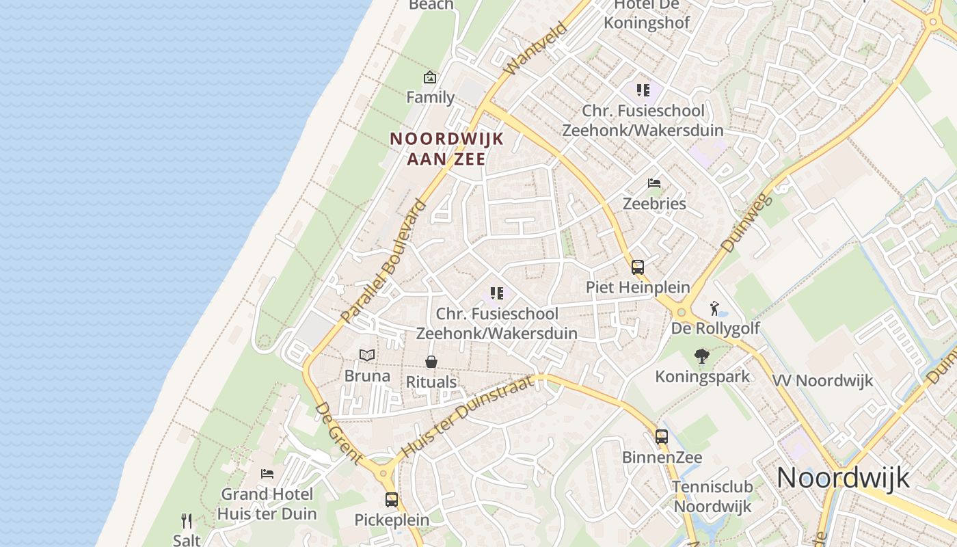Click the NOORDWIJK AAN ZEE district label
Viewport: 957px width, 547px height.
447,148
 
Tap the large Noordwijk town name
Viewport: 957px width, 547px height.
843,477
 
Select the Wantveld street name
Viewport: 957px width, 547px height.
536,49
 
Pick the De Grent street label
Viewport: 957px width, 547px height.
338,433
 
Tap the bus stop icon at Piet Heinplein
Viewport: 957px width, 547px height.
638,267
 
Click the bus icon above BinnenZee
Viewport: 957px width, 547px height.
662,436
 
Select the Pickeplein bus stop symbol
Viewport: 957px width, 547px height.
392,500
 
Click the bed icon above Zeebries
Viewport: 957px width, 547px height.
654,183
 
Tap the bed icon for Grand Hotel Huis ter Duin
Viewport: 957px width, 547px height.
267,473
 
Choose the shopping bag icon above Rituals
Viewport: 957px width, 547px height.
431,361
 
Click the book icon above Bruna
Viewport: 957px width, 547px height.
367,355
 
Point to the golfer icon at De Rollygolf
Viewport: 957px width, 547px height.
714,308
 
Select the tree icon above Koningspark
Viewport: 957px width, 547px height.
701,356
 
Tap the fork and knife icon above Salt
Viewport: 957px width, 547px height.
187,521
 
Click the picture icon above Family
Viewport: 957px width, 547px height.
430,77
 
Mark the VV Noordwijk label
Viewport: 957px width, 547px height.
822,381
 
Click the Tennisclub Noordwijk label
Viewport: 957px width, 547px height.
712,497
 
